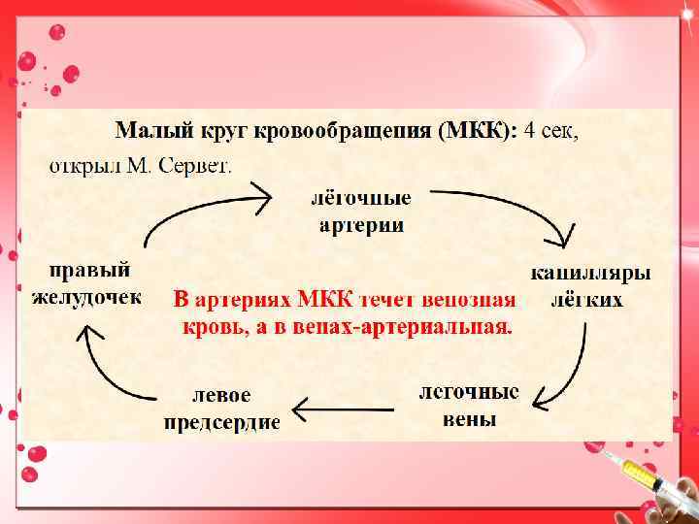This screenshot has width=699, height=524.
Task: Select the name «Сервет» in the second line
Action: (x=197, y=165)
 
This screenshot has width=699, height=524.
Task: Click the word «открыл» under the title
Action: (x=81, y=165)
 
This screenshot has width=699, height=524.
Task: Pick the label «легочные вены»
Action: (x=469, y=406)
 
